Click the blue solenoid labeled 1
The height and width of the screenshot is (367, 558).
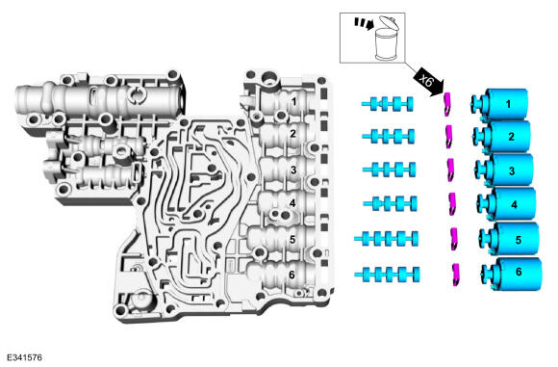click(x=499, y=104)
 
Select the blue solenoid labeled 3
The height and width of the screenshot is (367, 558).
click(x=505, y=170)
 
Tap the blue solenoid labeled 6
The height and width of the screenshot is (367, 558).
click(x=512, y=274)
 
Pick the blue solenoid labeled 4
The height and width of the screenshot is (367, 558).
click(x=507, y=204)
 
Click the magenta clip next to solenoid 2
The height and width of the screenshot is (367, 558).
click(x=449, y=136)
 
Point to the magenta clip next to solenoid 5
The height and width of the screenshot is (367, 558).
click(x=454, y=239)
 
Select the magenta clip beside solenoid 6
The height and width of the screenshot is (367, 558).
click(x=455, y=275)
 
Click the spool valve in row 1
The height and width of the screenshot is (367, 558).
click(x=388, y=104)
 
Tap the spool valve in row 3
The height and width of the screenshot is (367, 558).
click(x=389, y=170)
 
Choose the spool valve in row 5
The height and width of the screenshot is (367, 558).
click(x=387, y=239)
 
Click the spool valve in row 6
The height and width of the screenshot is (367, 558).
click(x=387, y=275)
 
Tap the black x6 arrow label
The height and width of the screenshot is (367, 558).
click(x=429, y=83)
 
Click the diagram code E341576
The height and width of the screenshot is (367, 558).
click(x=24, y=357)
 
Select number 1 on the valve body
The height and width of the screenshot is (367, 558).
click(x=293, y=102)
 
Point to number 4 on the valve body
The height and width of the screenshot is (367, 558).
click(x=292, y=203)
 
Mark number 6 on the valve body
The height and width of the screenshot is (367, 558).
click(x=292, y=275)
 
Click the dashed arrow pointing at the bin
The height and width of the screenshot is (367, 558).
click(x=364, y=23)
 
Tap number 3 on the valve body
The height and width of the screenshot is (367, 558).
click(x=293, y=170)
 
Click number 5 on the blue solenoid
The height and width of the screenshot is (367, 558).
click(x=519, y=240)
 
